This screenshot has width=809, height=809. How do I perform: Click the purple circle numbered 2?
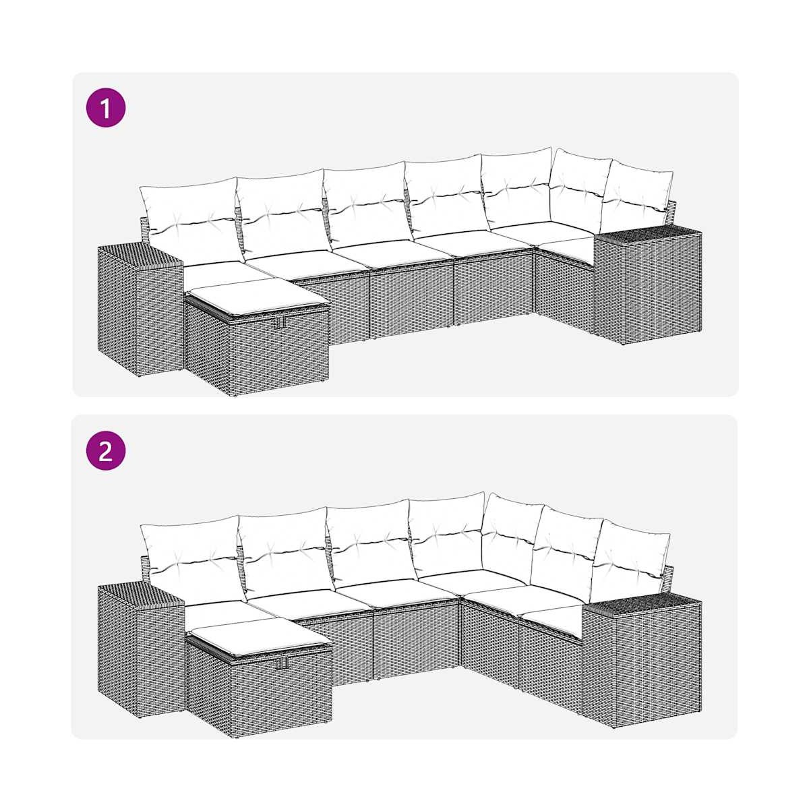[106, 451]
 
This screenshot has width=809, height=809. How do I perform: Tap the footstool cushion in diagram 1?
[256, 297]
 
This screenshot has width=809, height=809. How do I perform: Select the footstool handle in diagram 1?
[280, 322]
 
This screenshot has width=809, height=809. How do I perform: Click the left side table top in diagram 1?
[140, 255]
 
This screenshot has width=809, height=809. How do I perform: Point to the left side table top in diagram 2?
[140, 595]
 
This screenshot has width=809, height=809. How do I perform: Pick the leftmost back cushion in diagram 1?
[191, 222]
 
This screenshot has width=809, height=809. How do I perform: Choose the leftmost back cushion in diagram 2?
[192, 562]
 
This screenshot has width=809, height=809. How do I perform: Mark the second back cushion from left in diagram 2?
[284, 553]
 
